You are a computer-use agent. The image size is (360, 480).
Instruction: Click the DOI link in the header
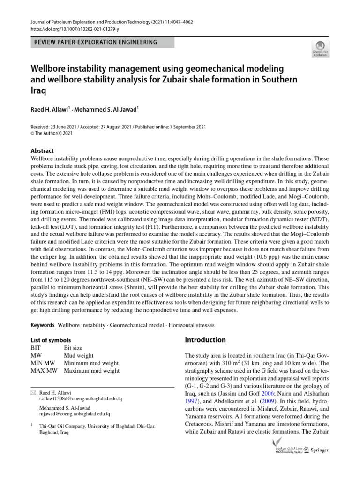(74, 29)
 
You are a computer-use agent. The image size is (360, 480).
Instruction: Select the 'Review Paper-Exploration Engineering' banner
(102, 43)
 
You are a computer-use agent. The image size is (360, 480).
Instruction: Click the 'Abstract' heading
(42, 151)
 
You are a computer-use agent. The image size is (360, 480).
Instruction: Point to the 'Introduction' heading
(205, 340)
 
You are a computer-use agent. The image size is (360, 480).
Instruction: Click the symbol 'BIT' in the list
(36, 348)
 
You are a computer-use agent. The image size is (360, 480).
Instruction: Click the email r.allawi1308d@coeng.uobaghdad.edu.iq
(81, 399)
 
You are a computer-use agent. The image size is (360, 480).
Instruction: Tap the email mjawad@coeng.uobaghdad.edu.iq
(75, 414)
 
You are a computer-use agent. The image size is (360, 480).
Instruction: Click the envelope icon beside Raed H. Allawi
(32, 392)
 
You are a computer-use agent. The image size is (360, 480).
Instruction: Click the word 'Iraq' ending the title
(38, 91)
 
